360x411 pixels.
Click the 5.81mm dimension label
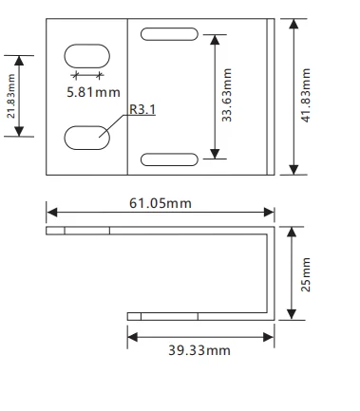click(93, 92)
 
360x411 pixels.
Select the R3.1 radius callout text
click(142, 109)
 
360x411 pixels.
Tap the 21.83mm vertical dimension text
click(10, 96)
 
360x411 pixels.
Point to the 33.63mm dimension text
click(227, 95)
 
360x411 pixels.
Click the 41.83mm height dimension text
click(306, 95)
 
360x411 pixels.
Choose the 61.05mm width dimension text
click(161, 203)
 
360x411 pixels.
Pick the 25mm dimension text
click(306, 274)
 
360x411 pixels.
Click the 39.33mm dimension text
click(199, 350)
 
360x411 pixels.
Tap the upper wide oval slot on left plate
click(87, 56)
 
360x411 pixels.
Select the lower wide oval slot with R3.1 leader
click(87, 138)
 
